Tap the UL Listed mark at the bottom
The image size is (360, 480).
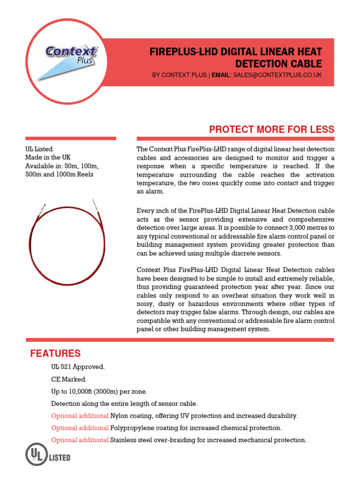pyautogui.click(x=48, y=456)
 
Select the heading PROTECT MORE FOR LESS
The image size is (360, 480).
pyautogui.click(x=271, y=129)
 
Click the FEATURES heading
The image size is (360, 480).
pyautogui.click(x=55, y=353)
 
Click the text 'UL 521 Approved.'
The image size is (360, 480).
pyautogui.click(x=78, y=367)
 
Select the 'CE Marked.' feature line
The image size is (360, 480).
pyautogui.click(x=69, y=379)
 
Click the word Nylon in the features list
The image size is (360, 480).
pyautogui.click(x=119, y=416)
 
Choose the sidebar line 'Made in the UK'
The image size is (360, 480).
pyautogui.click(x=48, y=157)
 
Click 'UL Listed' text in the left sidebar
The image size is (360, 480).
pyautogui.click(x=39, y=149)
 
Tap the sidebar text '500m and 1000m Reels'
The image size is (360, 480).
pyautogui.click(x=59, y=174)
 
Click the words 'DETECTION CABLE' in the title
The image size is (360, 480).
pyautogui.click(x=278, y=64)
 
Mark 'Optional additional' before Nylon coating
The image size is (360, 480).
pyautogui.click(x=80, y=416)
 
